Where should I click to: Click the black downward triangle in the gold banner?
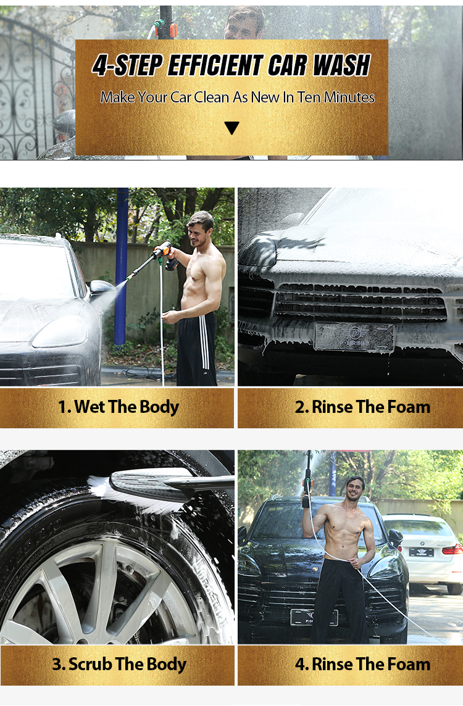click(231, 128)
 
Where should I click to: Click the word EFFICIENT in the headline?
click(215, 66)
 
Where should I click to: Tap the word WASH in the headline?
click(341, 66)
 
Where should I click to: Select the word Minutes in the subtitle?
click(349, 98)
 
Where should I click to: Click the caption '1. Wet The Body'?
click(119, 407)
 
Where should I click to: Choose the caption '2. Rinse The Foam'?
click(362, 407)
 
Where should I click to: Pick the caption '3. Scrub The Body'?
click(119, 665)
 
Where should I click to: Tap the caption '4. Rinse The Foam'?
click(362, 665)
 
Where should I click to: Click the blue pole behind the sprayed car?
click(121, 265)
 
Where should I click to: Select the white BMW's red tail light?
click(452, 549)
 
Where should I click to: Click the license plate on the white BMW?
click(421, 552)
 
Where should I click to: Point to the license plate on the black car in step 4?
click(314, 617)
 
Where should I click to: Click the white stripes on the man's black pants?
click(204, 341)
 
